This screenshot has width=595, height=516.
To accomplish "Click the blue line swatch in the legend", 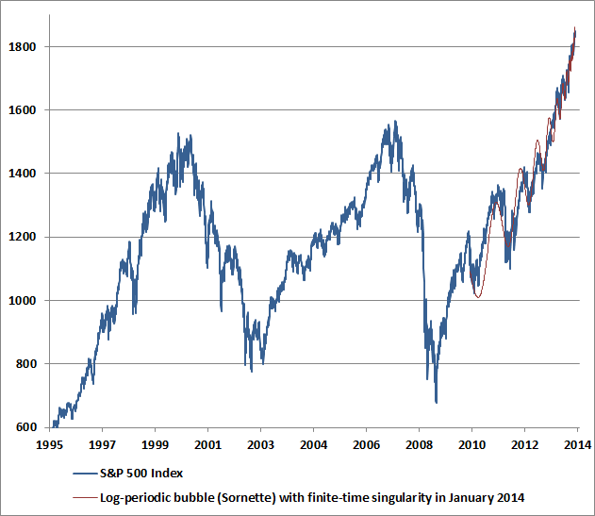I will coord(86,473).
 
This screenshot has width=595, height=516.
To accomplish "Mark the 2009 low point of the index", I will coord(436,402).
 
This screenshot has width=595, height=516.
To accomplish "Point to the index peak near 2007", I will coord(394,122).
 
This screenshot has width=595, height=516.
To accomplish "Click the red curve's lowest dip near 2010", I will coord(478,298).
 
